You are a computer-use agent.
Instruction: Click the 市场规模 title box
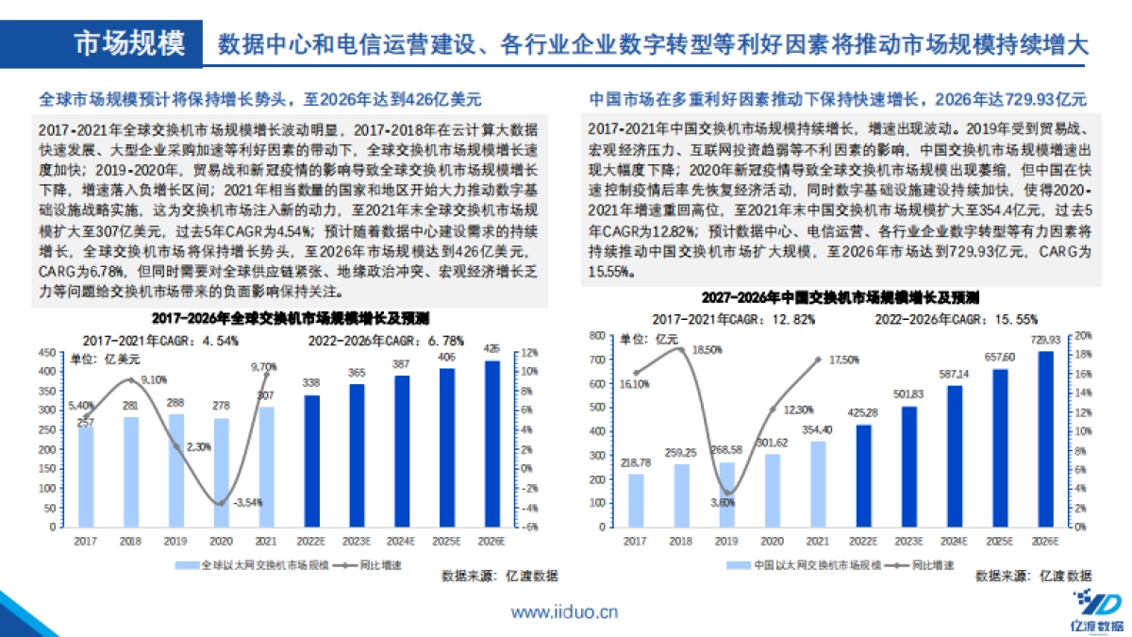pyautogui.click(x=129, y=43)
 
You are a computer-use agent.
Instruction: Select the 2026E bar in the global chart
pyautogui.click(x=491, y=443)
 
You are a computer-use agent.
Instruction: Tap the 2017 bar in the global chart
pyautogui.click(x=86, y=476)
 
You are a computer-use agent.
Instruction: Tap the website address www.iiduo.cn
pyautogui.click(x=564, y=612)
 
